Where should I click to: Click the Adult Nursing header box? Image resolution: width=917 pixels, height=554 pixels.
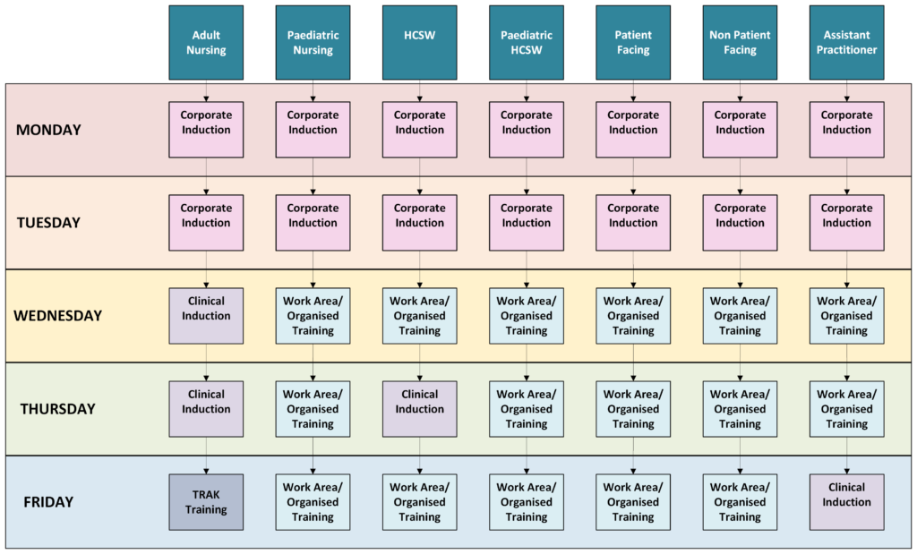coord(206,43)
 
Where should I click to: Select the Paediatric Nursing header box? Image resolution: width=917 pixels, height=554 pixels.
coord(313,43)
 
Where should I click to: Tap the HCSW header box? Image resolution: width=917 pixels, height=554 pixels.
coord(419,43)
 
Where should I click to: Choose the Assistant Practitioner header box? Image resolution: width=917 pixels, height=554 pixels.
coord(846,43)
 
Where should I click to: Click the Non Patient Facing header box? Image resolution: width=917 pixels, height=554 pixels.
coord(740,43)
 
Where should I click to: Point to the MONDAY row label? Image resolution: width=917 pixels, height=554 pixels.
coord(48,130)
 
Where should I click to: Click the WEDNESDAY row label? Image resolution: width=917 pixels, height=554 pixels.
coord(57,316)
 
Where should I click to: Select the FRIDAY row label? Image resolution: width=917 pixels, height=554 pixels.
coord(48,502)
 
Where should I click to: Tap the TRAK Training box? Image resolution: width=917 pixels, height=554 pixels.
coord(206,502)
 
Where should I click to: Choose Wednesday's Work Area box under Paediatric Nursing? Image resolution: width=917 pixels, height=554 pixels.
coord(313,316)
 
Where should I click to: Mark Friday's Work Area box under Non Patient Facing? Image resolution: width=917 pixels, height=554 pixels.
coord(740,502)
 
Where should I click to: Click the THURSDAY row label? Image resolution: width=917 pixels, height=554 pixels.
coord(57,409)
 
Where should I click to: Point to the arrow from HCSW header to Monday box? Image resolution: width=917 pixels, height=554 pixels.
coord(420,90)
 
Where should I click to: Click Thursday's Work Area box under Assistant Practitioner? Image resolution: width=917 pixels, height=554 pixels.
coord(846,409)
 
